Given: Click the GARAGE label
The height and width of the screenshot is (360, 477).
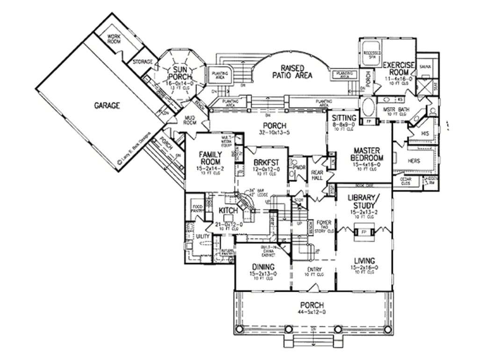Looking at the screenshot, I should pos(108,106).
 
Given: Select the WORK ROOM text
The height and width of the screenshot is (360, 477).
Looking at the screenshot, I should pos(115,38).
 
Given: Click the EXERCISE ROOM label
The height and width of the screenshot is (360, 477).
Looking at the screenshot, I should pos(398,68).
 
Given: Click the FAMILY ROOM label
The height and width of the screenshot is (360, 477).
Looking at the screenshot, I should pos(210,158).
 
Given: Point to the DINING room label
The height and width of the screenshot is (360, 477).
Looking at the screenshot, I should pos(262,267).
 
